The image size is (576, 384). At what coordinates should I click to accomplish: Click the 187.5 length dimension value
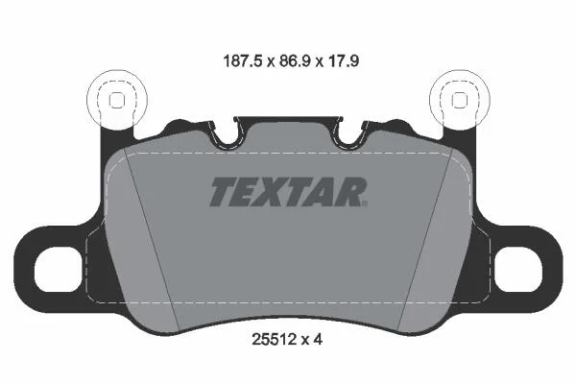point(243,61)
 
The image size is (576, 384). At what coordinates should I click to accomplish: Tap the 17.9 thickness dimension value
point(343,61)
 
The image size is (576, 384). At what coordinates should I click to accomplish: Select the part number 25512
point(274,340)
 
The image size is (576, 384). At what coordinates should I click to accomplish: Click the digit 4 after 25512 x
point(318,340)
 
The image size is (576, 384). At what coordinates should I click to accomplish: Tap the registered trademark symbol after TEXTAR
point(365,204)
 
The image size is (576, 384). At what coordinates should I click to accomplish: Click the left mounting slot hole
point(58,270)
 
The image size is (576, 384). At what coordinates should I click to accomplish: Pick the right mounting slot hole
point(518,270)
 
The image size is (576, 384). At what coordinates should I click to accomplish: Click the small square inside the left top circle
point(117,100)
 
